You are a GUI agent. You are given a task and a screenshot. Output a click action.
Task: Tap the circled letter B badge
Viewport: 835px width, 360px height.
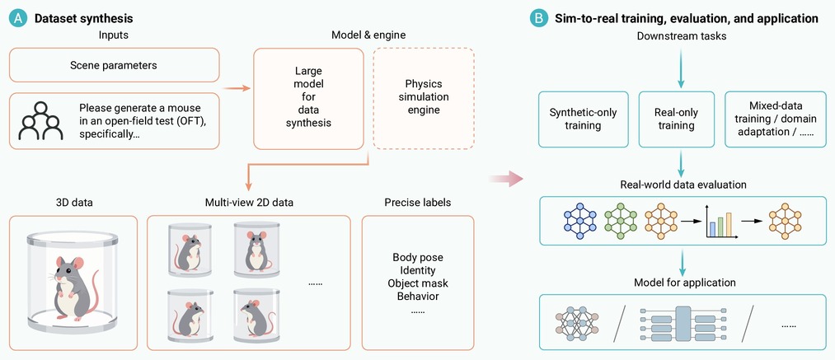538,19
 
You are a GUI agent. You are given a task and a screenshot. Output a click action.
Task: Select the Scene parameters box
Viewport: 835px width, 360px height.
114,65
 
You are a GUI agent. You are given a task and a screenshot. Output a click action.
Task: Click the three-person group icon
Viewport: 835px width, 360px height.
40,121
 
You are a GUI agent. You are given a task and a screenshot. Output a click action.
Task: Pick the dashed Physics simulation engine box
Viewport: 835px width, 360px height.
424,98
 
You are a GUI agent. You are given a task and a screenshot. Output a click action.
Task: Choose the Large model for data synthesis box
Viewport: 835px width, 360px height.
308,98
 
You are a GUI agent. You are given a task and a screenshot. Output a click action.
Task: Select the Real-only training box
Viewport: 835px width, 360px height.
676,119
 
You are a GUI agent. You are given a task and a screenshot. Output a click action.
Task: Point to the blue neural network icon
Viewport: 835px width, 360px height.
581,220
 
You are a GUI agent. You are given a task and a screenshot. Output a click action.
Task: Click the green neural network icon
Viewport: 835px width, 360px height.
621,220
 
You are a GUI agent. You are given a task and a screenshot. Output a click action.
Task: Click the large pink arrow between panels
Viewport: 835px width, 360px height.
506,179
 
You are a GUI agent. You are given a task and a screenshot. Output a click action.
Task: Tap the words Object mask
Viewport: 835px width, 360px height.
417,283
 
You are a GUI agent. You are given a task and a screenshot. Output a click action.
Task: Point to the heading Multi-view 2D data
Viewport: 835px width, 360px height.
249,203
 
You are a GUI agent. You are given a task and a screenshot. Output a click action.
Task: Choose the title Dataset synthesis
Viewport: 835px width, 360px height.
83,19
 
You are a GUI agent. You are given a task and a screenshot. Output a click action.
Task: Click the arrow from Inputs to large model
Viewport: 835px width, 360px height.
237,88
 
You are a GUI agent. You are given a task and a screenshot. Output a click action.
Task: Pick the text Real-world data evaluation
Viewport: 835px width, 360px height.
683,185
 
